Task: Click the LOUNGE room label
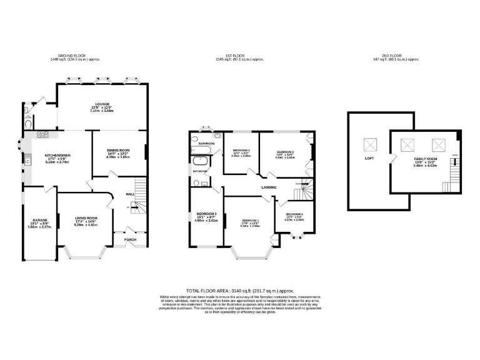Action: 102,104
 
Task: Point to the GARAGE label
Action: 40,220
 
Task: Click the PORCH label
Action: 130,239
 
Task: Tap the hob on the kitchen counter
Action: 44,134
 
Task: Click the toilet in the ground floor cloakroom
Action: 27,124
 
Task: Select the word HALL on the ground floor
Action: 130,194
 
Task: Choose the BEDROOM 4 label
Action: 241,151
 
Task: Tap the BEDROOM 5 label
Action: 294,214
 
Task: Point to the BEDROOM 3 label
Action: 206,214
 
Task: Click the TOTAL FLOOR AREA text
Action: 240,291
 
